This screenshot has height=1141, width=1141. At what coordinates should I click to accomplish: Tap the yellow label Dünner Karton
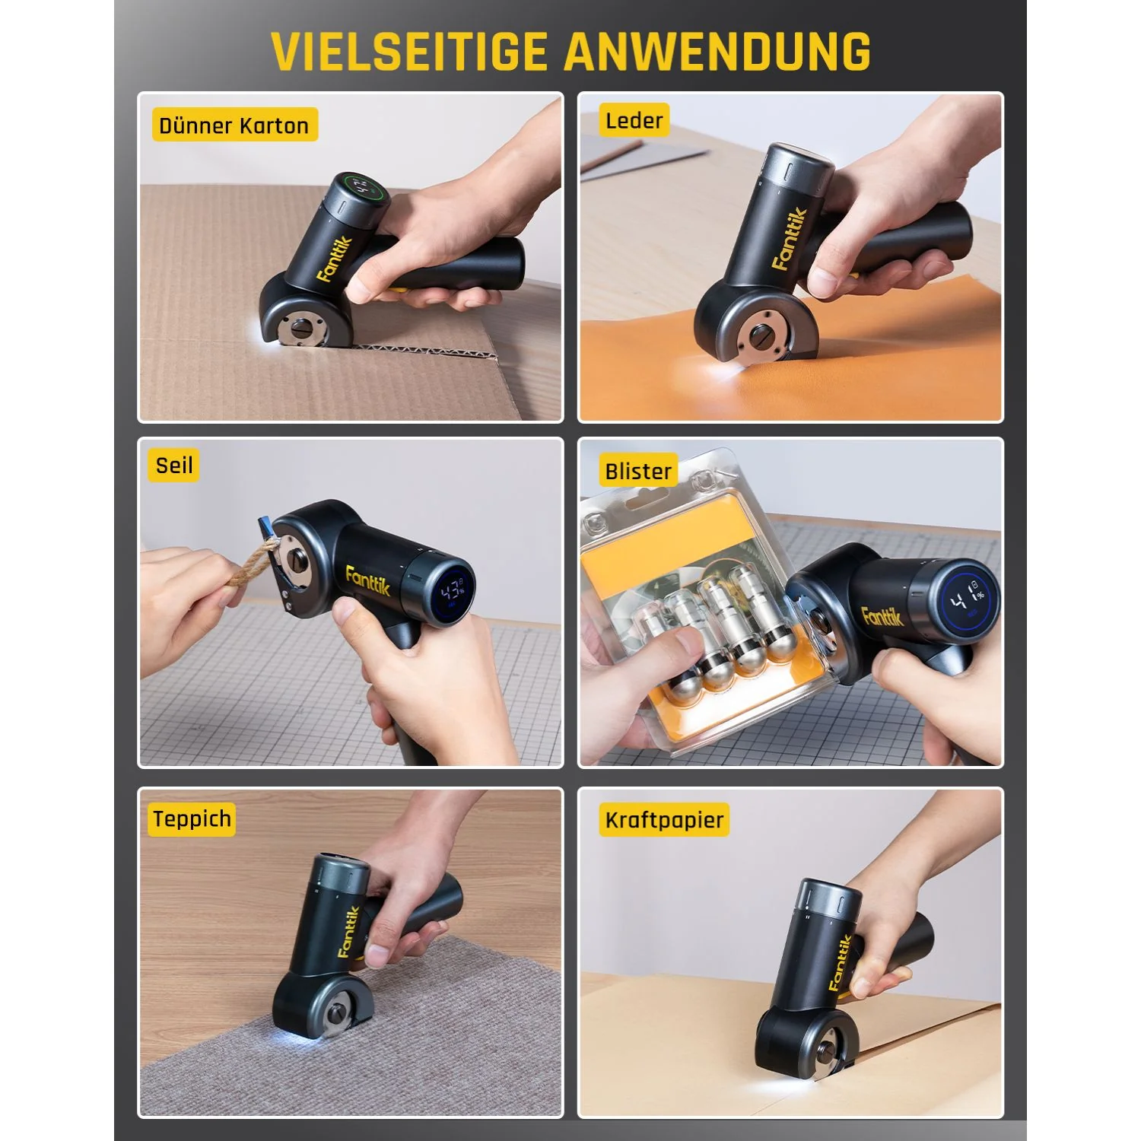pos(234,126)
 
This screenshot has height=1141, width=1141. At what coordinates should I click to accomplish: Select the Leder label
pos(634,120)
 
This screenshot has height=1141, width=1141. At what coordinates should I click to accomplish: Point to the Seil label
pos(173,465)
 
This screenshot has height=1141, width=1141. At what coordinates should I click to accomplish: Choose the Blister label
pos(637,472)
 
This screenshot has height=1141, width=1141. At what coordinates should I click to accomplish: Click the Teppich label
pos(192,819)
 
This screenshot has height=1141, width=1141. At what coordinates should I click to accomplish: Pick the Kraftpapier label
pos(664,820)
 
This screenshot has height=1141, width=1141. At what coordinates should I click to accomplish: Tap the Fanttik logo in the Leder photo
pos(789,239)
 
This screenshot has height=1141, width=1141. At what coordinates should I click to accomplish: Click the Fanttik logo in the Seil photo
pos(367,580)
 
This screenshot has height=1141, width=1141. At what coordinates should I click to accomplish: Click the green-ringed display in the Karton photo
pos(362,188)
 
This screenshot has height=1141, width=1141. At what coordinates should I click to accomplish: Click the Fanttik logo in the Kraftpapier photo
pos(840,962)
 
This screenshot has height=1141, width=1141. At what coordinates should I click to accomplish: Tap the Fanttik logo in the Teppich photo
pos(348,932)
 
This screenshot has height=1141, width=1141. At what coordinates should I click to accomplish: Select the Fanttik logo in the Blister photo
pos(882,615)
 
